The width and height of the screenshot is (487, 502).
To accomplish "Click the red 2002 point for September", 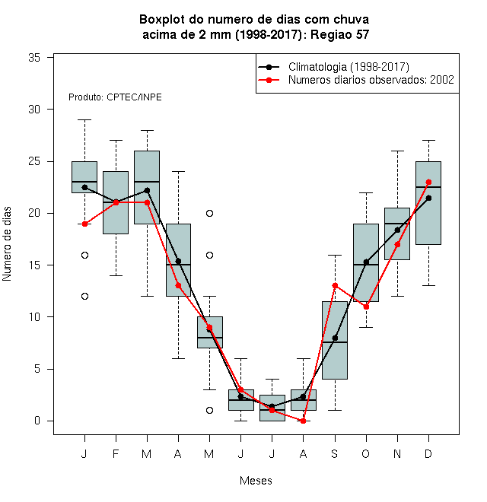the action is [x=335, y=285].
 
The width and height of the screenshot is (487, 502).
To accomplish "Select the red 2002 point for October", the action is [x=366, y=307].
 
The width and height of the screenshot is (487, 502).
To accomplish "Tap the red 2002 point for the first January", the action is [x=84, y=224].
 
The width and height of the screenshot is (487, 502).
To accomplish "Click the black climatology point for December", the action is [x=428, y=199].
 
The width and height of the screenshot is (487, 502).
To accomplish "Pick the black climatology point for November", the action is [x=397, y=230].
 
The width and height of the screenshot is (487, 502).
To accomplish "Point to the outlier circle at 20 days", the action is [x=209, y=213].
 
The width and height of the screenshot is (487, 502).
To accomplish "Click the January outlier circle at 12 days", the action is [x=84, y=296].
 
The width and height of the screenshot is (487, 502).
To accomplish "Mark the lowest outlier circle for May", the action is [x=209, y=410].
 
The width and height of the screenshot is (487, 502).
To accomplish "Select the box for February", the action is [x=116, y=202].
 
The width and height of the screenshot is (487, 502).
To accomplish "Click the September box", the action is [x=335, y=340].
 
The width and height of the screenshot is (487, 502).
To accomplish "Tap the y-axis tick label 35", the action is [x=34, y=58].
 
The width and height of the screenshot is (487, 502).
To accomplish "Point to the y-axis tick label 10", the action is [x=34, y=317].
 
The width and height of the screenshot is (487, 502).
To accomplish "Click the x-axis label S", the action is [x=335, y=453].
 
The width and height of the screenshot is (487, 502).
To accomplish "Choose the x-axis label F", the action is [x=116, y=453].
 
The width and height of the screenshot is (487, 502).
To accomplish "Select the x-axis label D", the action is [x=428, y=453].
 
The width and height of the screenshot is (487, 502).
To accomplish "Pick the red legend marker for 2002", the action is [x=269, y=80].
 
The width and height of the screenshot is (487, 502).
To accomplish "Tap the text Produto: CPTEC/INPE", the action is [x=115, y=97].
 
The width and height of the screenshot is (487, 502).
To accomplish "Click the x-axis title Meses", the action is [x=256, y=481].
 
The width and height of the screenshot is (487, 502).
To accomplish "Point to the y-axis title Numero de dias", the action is [x=7, y=244].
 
